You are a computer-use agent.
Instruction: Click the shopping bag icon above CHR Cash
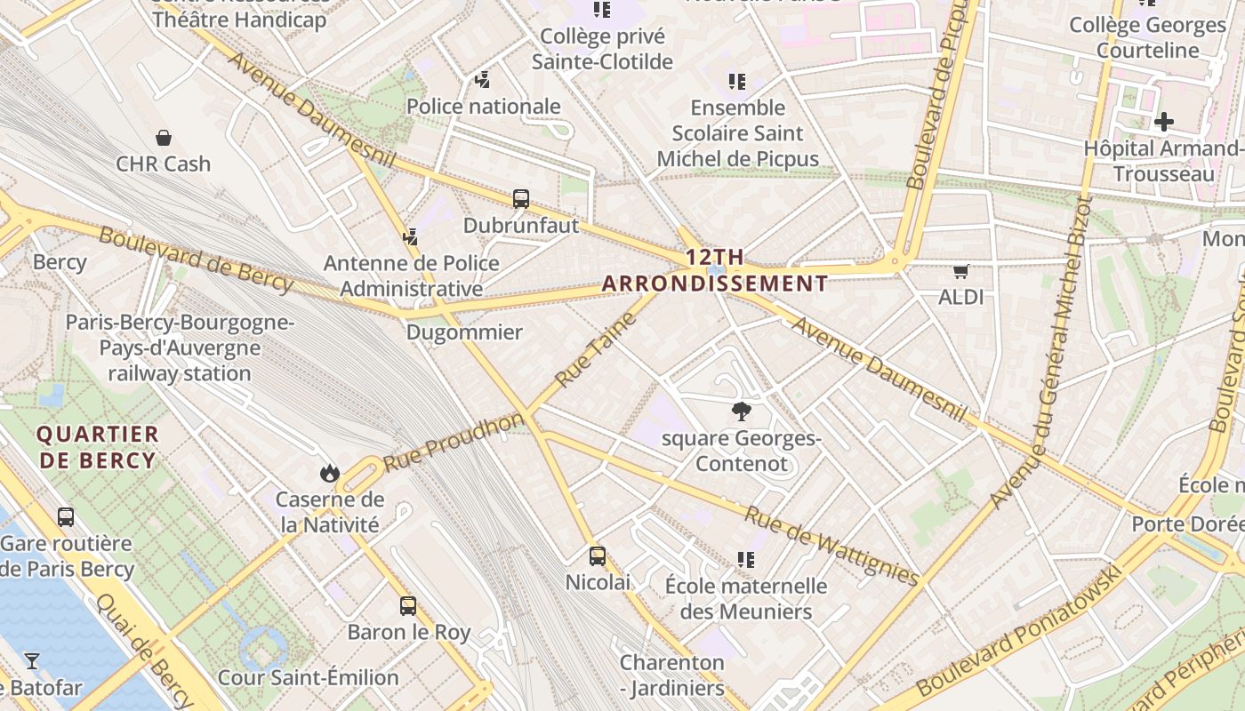[164, 138]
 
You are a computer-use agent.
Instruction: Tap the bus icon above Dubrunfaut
[521, 199]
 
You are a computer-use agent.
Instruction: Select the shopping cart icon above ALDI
[960, 271]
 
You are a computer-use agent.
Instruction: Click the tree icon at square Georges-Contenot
[740, 411]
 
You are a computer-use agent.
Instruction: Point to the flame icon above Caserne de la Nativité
[330, 473]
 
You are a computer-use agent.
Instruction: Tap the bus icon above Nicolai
[598, 556]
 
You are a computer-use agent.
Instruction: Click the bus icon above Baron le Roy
[408, 606]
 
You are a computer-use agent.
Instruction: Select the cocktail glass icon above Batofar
[32, 660]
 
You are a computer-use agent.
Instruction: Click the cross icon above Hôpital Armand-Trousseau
[1163, 122]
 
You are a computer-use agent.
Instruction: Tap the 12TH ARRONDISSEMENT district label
[715, 271]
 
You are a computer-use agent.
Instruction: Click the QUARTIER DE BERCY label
[98, 447]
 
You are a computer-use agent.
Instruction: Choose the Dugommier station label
[464, 332]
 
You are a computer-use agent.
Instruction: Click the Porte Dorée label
[1187, 524]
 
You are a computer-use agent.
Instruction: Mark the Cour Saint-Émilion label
[309, 677]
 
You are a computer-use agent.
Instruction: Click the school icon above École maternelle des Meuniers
[746, 560]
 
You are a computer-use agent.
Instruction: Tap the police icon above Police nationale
[483, 81]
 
